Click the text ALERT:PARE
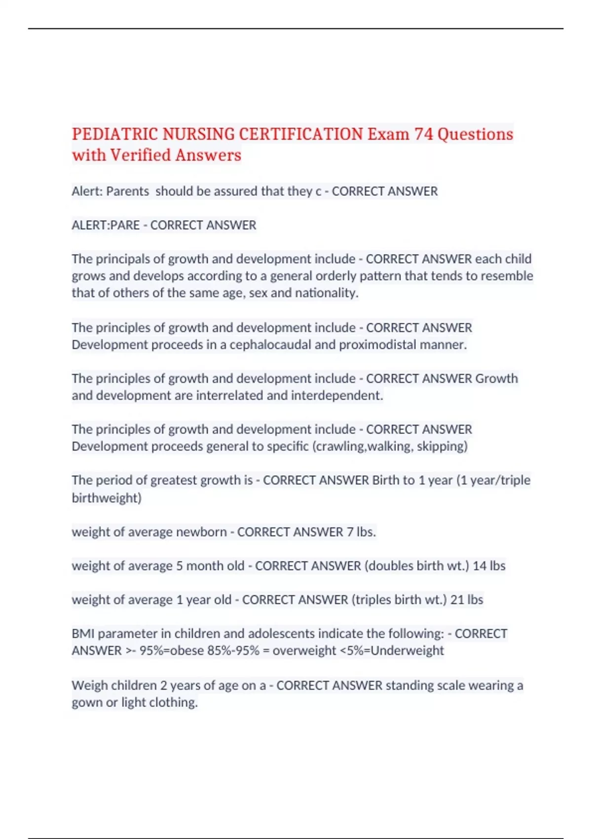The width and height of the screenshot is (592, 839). click(106, 225)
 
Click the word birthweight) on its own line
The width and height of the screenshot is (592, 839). click(107, 497)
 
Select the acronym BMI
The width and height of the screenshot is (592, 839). click(82, 634)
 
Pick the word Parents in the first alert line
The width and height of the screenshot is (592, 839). click(127, 191)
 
